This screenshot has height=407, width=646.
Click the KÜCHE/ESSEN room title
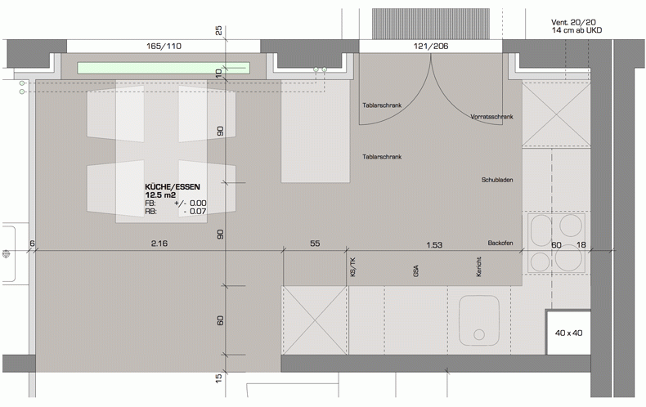click(173, 187)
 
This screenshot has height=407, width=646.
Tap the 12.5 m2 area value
click(160, 195)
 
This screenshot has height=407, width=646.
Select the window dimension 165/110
click(164, 46)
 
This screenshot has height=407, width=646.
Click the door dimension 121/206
click(431, 46)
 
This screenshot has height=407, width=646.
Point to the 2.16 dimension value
click(159, 244)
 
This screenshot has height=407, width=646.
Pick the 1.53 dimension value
click(434, 245)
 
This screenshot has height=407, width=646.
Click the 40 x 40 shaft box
click(568, 333)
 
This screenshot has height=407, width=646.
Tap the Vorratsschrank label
click(492, 117)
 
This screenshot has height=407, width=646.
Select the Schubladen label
click(497, 180)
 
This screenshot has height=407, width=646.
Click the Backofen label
click(500, 243)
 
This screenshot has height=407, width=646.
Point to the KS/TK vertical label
click(352, 266)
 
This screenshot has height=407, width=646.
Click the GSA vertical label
click(415, 271)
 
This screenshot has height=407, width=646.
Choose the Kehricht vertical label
click(478, 266)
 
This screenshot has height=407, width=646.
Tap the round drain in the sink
click(479, 334)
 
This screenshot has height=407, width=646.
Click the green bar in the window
click(164, 68)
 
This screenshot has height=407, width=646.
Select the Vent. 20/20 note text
click(573, 22)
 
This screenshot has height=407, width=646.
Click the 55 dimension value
click(315, 244)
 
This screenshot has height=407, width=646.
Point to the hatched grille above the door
click(431, 24)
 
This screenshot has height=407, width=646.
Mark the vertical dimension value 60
click(221, 320)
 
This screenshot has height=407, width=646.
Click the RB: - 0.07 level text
click(176, 212)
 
